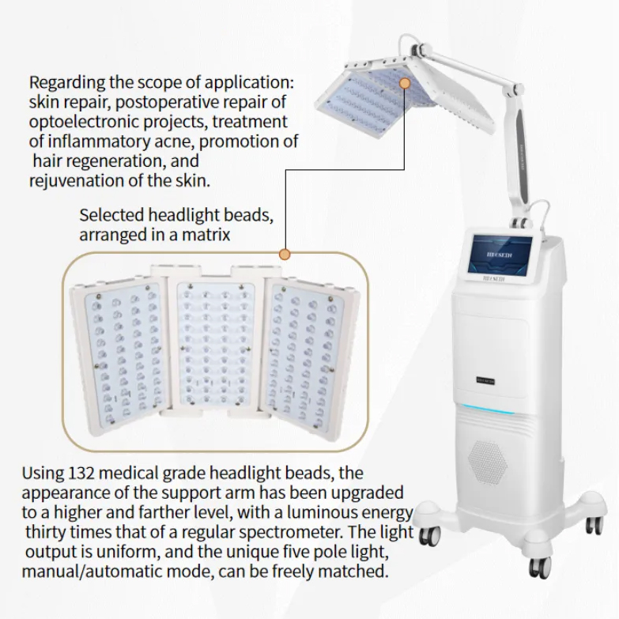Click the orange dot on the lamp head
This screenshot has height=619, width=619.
pyautogui.click(x=405, y=81)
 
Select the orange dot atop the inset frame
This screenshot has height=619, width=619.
pyautogui.click(x=285, y=254)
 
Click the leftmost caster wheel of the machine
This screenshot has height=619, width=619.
pyautogui.click(x=429, y=535)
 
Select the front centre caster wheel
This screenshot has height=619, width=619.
pyautogui.click(x=539, y=565)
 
